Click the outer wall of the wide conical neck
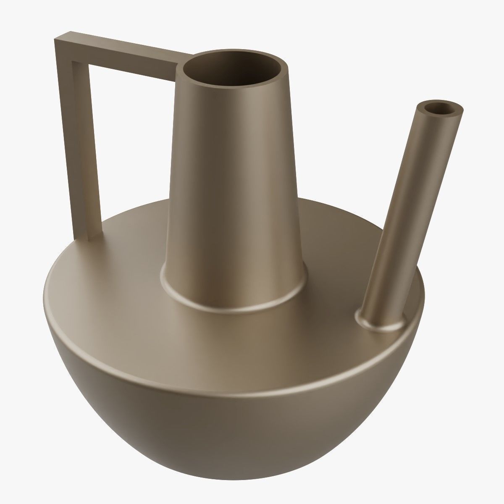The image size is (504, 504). [x=235, y=189]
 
